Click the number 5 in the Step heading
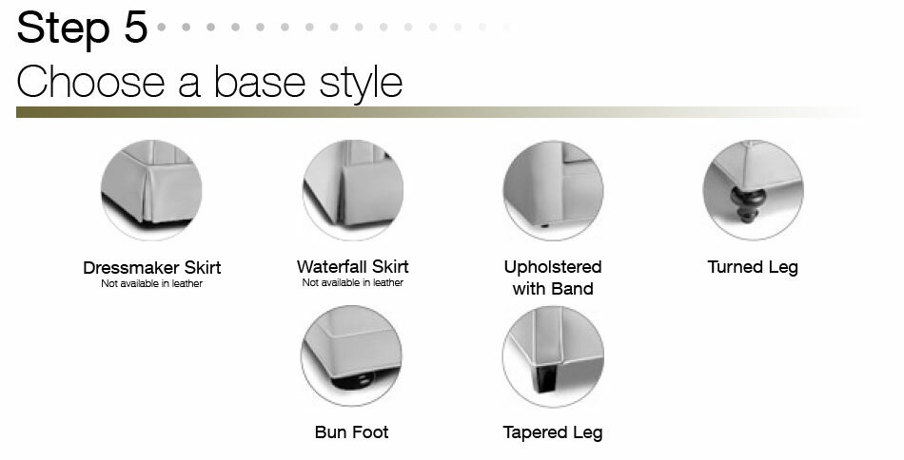point(136,27)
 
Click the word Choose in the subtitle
point(90,82)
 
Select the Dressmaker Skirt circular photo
point(151,190)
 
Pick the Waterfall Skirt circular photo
point(353,190)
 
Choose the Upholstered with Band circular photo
point(554,191)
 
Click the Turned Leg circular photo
point(753,190)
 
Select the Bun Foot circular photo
point(352,355)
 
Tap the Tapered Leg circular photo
point(554,357)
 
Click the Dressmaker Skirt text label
point(152,268)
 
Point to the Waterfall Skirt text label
point(353,266)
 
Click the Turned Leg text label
point(753,268)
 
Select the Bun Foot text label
point(352,432)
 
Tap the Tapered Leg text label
point(553,433)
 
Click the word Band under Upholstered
point(573,288)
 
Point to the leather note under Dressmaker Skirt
point(152,283)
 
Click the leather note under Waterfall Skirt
point(353,282)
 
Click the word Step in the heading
point(64,29)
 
